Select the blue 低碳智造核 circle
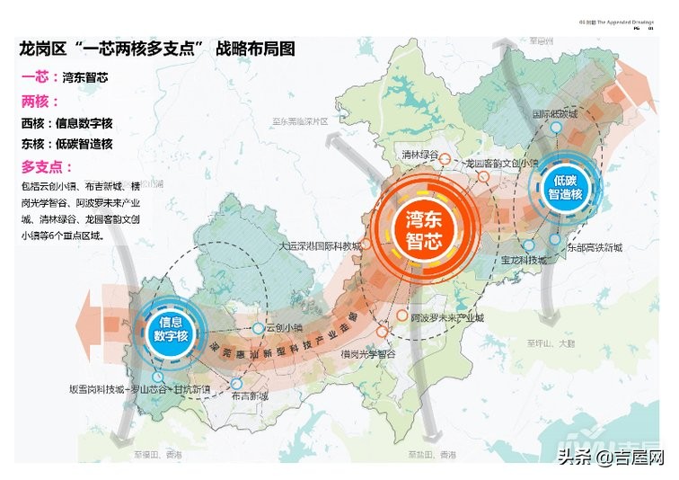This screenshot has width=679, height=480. click(x=562, y=187)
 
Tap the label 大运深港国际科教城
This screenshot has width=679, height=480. click(x=321, y=245)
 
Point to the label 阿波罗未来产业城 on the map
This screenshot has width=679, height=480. click(x=446, y=319)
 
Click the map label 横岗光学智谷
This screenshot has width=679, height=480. click(x=368, y=355)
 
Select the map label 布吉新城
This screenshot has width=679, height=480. click(x=249, y=396)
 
